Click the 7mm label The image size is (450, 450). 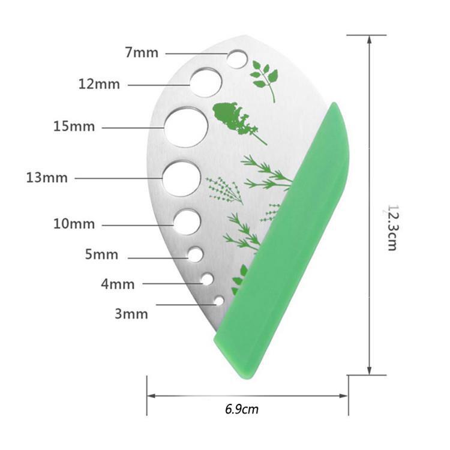[142, 53]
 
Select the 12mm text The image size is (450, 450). [99, 85]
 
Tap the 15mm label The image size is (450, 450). [74, 127]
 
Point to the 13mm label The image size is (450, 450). [47, 178]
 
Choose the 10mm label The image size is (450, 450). [74, 224]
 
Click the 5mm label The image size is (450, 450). [101, 254]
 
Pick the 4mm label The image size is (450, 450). [118, 284]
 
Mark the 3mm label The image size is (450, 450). [131, 314]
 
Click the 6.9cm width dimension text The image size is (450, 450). [242, 409]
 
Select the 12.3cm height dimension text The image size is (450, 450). [392, 228]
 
